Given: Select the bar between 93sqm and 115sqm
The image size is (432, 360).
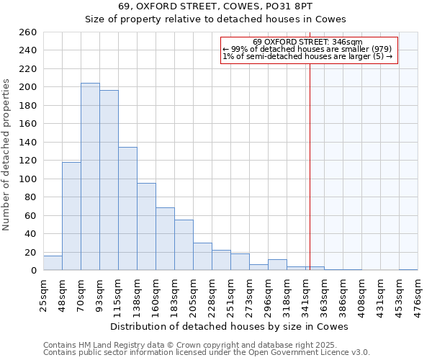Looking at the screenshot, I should pos(109,180).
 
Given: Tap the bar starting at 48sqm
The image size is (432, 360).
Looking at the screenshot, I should pos(71,216).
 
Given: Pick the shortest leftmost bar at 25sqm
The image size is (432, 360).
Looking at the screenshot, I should pos(53,263).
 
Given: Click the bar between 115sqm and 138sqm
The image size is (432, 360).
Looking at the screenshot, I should pos(127,209).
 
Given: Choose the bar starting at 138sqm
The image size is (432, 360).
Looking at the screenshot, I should pos(146,227).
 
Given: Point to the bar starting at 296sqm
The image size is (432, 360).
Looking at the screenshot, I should pos(277,265).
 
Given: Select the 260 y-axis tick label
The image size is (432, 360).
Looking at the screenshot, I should pos(28,32).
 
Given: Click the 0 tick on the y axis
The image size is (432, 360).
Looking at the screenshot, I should pos(33,271).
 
